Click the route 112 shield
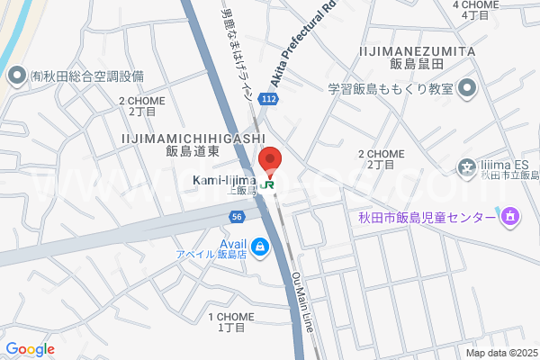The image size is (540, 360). [268, 98]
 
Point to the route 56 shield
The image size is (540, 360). [237, 217]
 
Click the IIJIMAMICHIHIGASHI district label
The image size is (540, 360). [190, 137]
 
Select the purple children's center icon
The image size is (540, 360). [510, 216]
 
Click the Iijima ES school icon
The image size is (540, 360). [467, 166]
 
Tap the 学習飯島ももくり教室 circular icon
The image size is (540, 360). [467, 88]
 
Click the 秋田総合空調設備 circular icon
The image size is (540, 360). [15, 76]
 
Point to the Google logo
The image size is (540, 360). [30, 348]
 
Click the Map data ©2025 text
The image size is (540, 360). [500, 353]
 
